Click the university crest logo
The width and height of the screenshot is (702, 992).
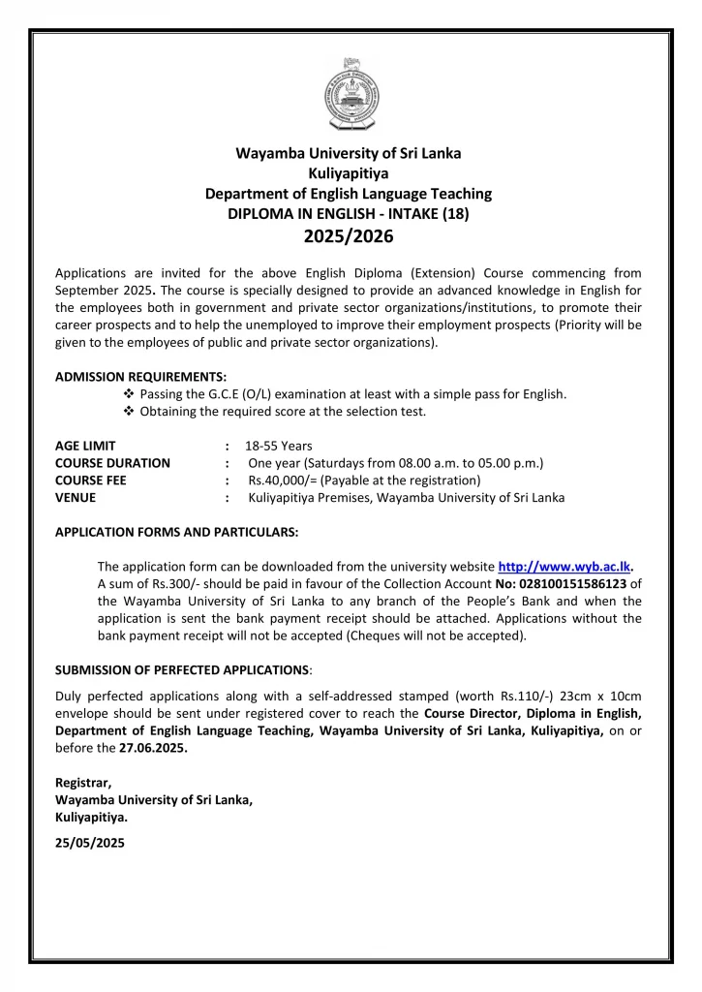(x=351, y=94)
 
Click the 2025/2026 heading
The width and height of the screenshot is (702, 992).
(x=349, y=236)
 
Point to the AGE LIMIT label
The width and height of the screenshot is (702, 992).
(x=85, y=446)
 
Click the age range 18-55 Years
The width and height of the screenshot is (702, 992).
(x=278, y=446)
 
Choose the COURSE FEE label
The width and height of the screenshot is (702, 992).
(x=91, y=480)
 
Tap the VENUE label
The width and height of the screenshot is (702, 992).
(x=76, y=498)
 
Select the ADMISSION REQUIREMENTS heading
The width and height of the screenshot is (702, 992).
(x=141, y=376)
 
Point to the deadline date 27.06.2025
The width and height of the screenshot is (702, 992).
(x=154, y=748)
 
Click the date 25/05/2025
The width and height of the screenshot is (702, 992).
(x=90, y=843)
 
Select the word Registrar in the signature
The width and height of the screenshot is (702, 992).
(x=82, y=782)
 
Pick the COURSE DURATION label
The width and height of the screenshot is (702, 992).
(x=112, y=463)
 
